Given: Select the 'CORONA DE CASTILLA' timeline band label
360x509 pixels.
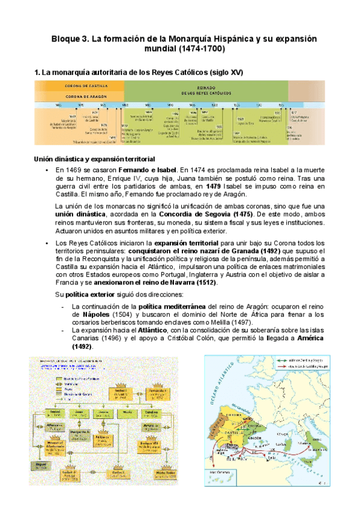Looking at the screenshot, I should coord(80,86).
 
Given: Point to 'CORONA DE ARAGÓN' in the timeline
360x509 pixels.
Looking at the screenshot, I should coord(80,95).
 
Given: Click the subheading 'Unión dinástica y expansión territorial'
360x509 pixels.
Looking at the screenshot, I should coord(94,159).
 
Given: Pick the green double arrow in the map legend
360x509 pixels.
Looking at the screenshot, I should coord(284,360).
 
